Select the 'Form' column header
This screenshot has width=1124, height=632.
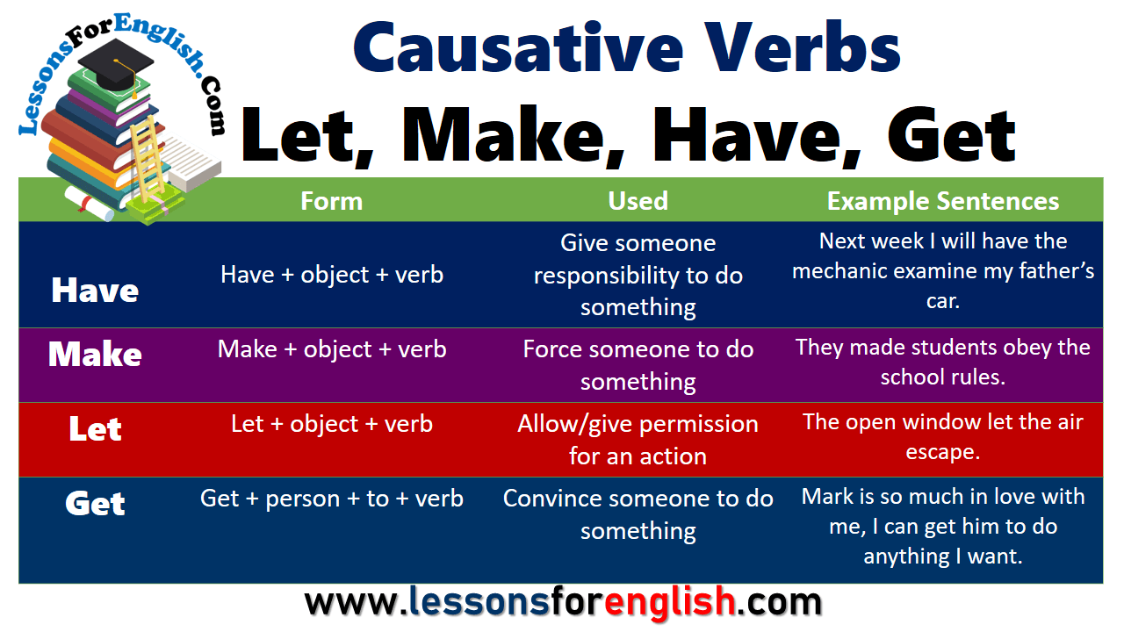click(331, 201)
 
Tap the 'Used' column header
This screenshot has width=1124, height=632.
click(638, 201)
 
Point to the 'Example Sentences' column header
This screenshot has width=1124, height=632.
click(942, 201)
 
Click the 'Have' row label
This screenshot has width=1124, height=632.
click(95, 291)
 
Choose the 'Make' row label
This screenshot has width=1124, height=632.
click(95, 354)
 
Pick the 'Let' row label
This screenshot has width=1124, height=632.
click(95, 429)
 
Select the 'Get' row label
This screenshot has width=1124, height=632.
click(95, 504)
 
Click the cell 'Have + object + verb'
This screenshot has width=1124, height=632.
click(332, 275)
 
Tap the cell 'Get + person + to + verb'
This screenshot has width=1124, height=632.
click(332, 499)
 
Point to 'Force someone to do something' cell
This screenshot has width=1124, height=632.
click(638, 365)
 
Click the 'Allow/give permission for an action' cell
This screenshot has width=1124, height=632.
click(638, 439)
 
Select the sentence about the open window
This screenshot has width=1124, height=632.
click(942, 436)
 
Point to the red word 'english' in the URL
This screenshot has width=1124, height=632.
click(670, 603)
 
